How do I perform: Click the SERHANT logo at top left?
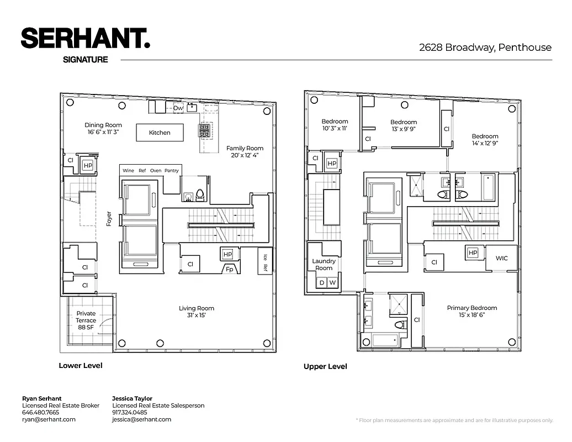tap(85, 39)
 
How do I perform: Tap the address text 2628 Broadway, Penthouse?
tap(485, 48)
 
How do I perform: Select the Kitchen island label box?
tap(160, 133)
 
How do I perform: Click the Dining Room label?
tap(103, 129)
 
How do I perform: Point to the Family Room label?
tap(245, 152)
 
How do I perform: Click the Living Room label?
tap(196, 312)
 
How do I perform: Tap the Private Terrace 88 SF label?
tap(86, 320)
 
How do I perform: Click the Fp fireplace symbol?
tap(229, 269)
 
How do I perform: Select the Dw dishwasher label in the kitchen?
tap(178, 108)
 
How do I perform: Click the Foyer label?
tap(109, 218)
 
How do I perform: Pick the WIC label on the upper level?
tap(501, 258)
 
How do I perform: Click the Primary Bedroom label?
tap(472, 312)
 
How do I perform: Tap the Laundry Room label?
tap(324, 265)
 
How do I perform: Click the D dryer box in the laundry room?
tap(322, 283)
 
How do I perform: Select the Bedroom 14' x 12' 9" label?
tap(485, 140)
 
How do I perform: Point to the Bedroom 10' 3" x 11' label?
tap(335, 125)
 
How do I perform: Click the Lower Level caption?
tap(81, 365)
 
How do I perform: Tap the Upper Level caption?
tap(325, 366)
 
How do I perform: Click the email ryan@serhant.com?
tap(49, 419)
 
